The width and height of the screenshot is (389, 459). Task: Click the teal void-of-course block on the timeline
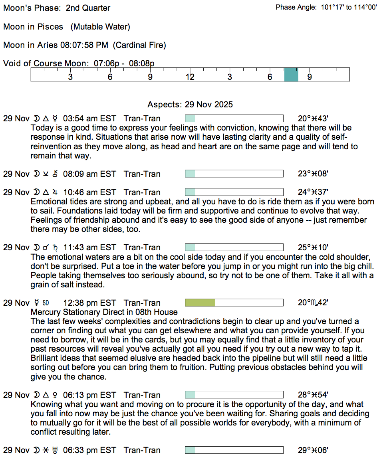click(x=291, y=75)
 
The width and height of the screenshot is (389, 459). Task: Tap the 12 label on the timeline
click(x=190, y=77)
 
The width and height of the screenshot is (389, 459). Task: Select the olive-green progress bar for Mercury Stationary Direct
click(x=200, y=303)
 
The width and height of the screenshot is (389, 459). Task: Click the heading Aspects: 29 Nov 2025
click(x=190, y=105)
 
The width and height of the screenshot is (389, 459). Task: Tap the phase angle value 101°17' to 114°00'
click(x=349, y=8)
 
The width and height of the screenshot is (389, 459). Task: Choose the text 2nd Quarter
click(x=88, y=8)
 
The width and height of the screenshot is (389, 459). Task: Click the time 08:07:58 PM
click(x=84, y=45)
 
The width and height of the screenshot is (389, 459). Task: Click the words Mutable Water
click(x=100, y=27)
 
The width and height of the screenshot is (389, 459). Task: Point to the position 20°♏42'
click(x=313, y=303)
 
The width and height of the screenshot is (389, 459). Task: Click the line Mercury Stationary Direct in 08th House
click(x=104, y=312)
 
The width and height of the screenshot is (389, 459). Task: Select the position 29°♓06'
click(x=313, y=450)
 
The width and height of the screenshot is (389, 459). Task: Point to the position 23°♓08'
click(x=313, y=174)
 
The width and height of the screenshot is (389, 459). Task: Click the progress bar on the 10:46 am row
click(x=234, y=192)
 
